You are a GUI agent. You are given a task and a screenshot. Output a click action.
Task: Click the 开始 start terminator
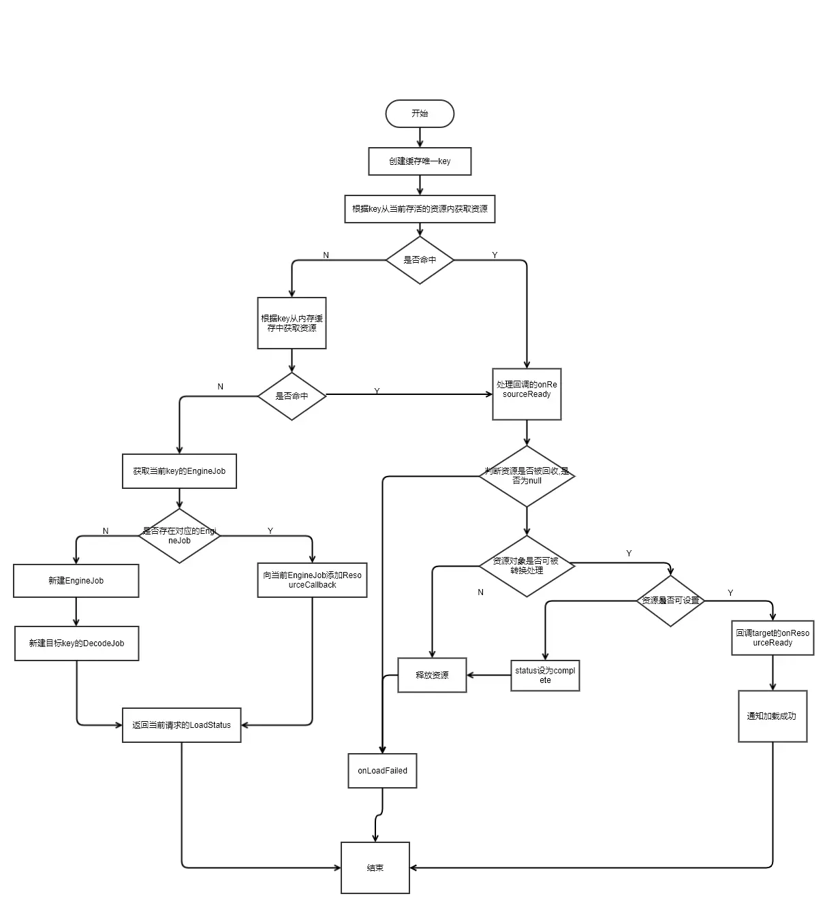420,114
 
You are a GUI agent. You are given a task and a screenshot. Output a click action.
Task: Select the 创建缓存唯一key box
420,161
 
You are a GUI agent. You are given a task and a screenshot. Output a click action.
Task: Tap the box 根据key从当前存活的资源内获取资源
420,209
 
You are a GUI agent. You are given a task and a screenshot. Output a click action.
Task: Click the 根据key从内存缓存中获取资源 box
292,323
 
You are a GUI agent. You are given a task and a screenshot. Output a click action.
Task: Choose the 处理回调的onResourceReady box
527,394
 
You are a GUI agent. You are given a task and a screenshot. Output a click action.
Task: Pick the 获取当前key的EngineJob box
179,471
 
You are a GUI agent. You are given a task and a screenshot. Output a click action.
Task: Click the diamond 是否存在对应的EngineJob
179,536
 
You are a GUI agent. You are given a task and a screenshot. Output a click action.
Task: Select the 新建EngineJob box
76,581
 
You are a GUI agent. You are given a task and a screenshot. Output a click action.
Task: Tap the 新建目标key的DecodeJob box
76,643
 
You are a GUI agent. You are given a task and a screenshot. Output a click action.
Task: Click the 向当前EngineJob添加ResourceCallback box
312,580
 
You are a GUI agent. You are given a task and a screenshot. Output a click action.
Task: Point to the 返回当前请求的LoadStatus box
181,725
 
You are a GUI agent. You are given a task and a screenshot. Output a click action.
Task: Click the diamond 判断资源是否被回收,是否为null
527,476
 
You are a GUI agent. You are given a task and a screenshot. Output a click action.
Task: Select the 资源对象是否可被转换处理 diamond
527,566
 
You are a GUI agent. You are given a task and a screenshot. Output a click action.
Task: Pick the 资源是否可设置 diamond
670,601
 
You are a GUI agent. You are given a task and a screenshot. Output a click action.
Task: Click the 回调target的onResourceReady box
773,638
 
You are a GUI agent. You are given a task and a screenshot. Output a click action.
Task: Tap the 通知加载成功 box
773,716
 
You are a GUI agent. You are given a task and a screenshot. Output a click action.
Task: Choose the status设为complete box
545,675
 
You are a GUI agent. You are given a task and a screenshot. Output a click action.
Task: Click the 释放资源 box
432,675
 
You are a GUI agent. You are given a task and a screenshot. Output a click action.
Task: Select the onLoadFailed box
382,771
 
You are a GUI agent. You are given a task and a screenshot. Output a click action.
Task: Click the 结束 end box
375,868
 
